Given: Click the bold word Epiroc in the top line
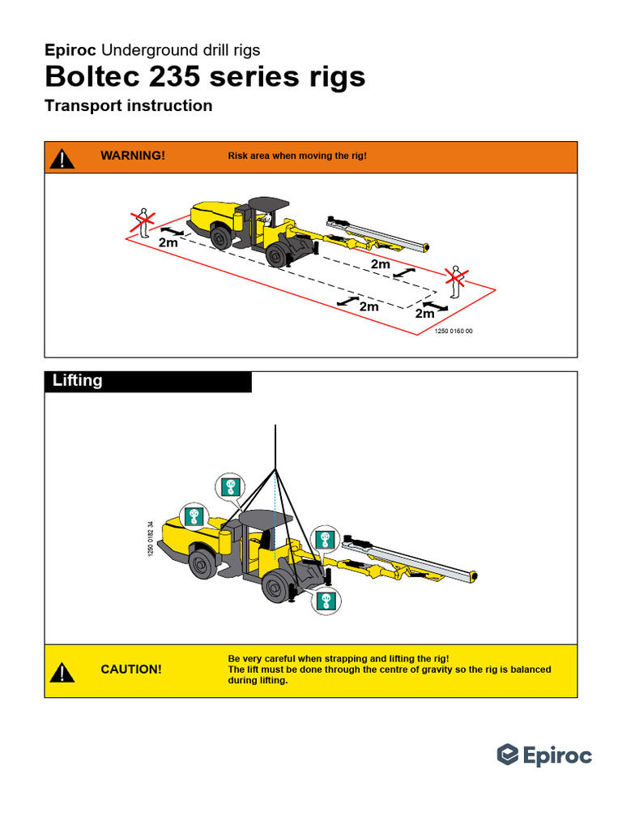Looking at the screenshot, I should point(70,50).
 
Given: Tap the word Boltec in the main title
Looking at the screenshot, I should point(96,77).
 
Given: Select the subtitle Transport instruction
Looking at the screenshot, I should point(129,106).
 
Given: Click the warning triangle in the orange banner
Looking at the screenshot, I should point(62,157).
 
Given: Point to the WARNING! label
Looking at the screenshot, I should point(133,156).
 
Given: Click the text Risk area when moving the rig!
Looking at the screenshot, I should point(297,156).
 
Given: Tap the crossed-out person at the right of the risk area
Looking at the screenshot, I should point(457,280).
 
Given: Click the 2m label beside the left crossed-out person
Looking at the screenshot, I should point(168,242).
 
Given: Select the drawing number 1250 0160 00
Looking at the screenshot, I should point(454,332).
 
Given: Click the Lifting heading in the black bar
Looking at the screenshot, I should point(78,381).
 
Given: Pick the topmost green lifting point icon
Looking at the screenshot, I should point(230,486).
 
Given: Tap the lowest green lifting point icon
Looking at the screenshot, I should point(327,600).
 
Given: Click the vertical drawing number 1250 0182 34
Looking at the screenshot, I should point(151,537).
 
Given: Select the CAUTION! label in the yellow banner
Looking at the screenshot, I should point(131,670).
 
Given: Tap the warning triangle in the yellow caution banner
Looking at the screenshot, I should point(62,672).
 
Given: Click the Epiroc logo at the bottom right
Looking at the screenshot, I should point(544,755).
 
